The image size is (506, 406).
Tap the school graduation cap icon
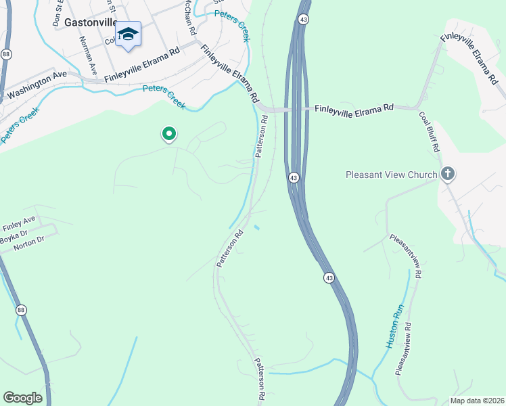[x=127, y=34]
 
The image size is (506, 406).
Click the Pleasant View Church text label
[x=392, y=175]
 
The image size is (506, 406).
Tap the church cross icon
[x=447, y=175]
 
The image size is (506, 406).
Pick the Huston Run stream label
[x=395, y=326]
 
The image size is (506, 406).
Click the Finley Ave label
[x=18, y=221]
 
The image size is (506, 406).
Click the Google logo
[x=23, y=398]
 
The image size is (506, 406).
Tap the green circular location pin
[x=169, y=134]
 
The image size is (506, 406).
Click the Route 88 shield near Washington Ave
[x=6, y=53]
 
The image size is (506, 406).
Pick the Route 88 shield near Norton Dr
[x=22, y=310]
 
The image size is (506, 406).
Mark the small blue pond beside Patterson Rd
[x=256, y=227]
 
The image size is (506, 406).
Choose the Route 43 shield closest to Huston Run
[x=329, y=277]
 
